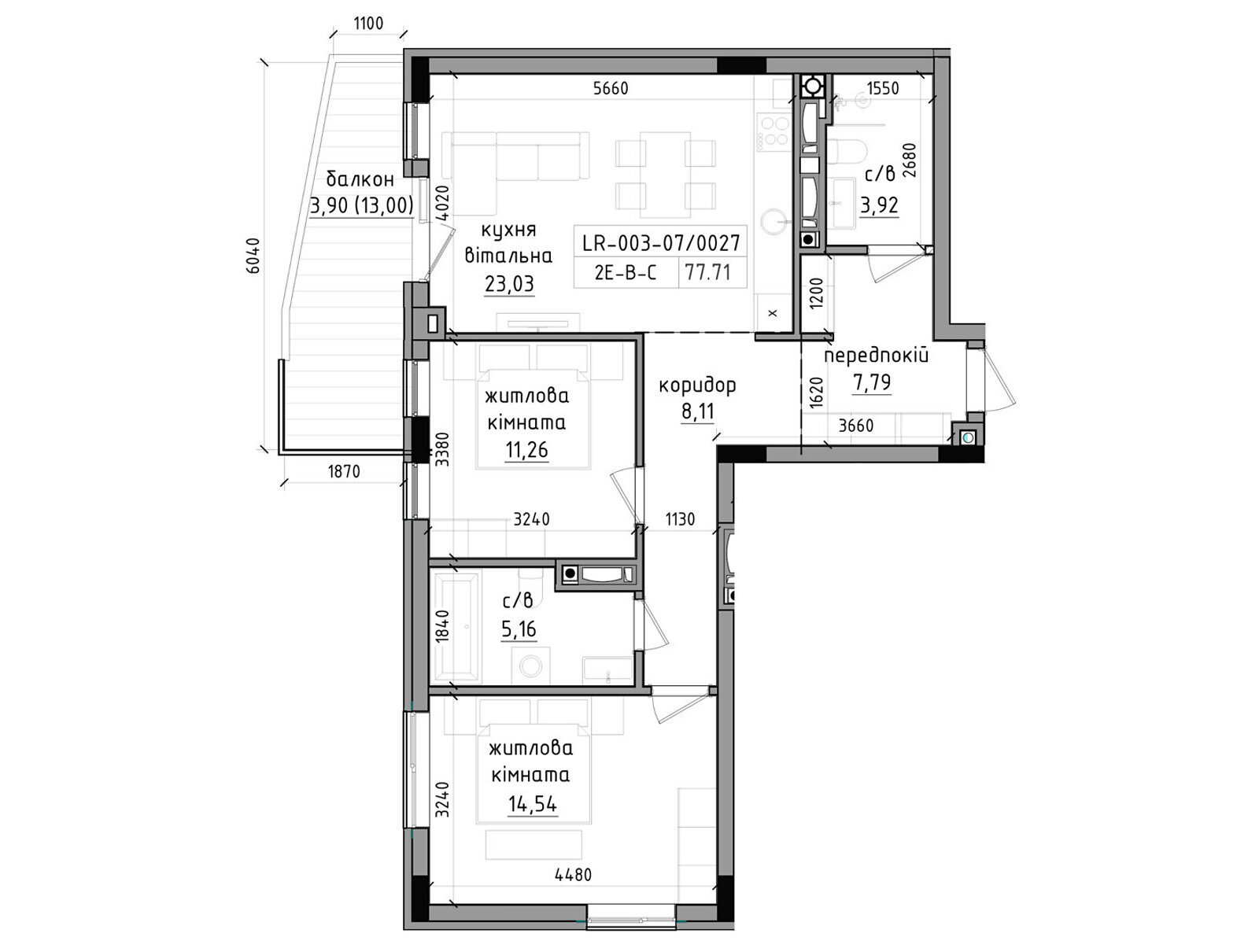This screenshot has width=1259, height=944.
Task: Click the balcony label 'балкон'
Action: tap(360, 179)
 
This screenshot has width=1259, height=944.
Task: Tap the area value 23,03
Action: tap(509, 284)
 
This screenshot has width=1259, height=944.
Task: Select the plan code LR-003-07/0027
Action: tap(661, 243)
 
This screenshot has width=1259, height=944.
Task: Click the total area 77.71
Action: tap(708, 272)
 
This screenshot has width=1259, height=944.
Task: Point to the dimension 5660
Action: tap(611, 88)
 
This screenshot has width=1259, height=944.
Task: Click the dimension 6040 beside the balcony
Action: tap(253, 256)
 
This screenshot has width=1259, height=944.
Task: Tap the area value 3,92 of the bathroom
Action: tap(879, 205)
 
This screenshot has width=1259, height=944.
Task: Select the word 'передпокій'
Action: tap(876, 356)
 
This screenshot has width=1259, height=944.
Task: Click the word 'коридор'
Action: tap(697, 385)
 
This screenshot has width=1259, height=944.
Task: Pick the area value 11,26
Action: tap(526, 450)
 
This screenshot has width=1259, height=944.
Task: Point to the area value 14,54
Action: tap(532, 804)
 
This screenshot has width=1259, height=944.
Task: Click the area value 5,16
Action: tap(519, 629)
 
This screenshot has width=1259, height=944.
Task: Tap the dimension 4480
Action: tap(573, 875)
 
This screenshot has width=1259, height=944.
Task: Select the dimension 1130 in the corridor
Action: tap(680, 519)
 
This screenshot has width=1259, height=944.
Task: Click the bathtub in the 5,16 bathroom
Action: tap(456, 627)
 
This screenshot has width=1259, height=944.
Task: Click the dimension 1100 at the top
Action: tap(368, 24)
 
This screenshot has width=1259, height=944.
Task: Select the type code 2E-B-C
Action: tap(626, 273)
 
